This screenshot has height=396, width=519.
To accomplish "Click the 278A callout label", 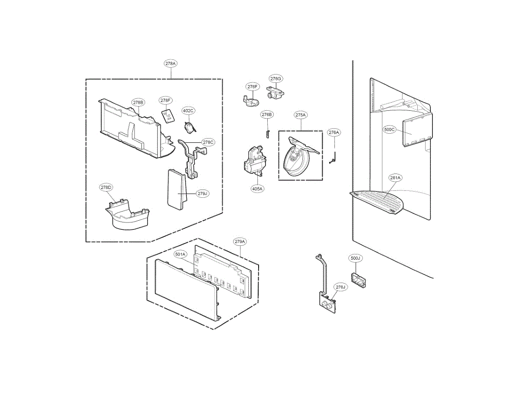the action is point(171,64).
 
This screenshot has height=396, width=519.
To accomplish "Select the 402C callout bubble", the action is point(189,111).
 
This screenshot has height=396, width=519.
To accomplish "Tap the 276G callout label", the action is point(276,79).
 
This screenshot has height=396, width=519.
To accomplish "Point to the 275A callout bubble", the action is point(301,115).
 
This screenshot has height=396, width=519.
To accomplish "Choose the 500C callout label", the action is point(390,129).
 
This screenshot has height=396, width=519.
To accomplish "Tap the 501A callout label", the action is point(180,255).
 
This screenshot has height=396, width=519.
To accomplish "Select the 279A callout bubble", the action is point(240,241).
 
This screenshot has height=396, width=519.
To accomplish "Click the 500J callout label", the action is point(355,258).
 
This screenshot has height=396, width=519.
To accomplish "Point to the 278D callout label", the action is point(106,187).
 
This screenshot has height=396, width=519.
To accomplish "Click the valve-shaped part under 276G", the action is point(274,93).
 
